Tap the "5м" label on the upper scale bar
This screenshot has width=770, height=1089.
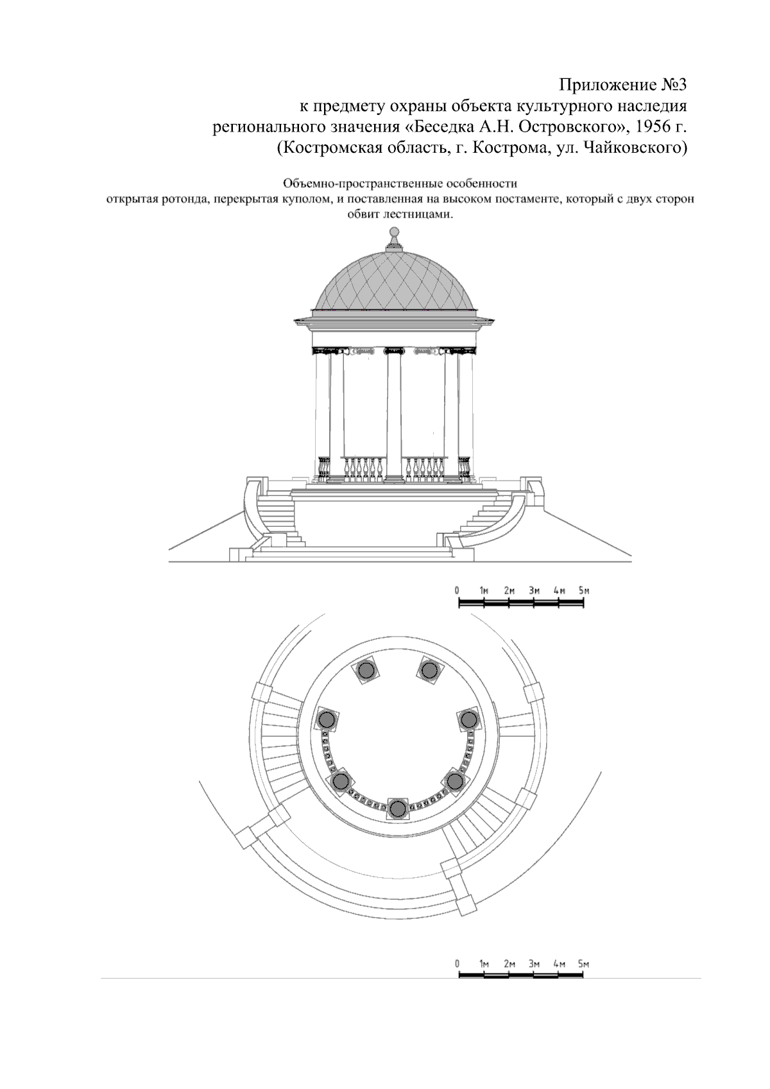point(584,590)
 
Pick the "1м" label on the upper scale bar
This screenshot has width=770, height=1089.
point(484,590)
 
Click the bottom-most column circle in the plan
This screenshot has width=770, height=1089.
point(398,809)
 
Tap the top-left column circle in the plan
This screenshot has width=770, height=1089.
point(366,671)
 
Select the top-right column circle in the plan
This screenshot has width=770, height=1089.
point(428,671)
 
